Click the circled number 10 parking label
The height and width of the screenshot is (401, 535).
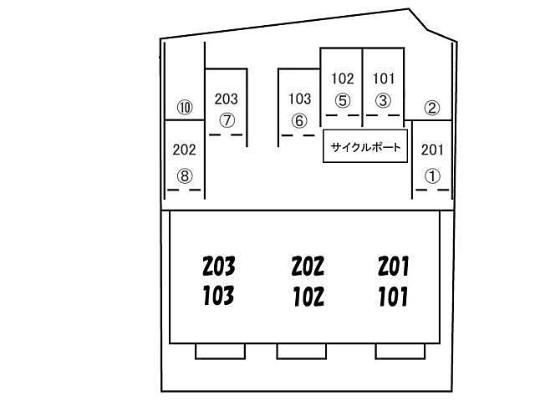[185, 108]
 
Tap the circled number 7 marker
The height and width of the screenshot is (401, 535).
[227, 120]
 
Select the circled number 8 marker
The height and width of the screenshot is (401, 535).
[185, 176]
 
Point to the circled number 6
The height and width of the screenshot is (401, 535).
[299, 120]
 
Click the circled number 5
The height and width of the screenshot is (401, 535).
[343, 100]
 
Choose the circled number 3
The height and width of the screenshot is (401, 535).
[383, 100]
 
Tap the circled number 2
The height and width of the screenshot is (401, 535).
[432, 108]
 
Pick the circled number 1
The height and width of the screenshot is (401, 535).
[432, 176]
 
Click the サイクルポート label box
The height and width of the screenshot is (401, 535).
[365, 146]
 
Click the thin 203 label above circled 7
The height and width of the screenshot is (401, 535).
[227, 99]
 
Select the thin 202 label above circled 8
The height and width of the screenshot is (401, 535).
[184, 150]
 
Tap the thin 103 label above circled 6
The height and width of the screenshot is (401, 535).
[300, 99]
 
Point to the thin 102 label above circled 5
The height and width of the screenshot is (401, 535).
[343, 79]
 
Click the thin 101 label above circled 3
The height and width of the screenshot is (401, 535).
[384, 79]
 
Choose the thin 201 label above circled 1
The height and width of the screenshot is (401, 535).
[432, 150]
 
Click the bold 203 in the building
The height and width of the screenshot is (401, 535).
[219, 266]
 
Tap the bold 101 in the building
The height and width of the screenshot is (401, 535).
[393, 296]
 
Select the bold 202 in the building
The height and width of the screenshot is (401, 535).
[308, 266]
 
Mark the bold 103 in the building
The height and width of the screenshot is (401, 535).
[218, 295]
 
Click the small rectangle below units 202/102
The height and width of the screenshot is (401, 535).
[301, 351]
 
